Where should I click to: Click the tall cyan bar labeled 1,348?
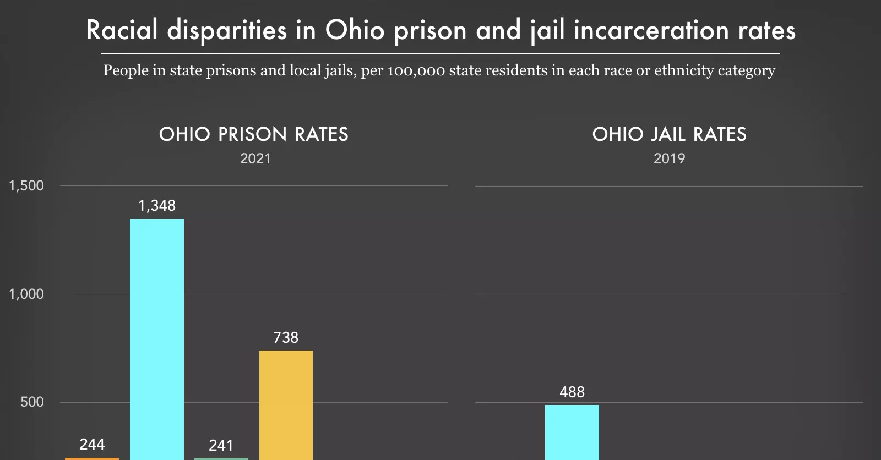point(157,338)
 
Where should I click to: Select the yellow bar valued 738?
point(286,404)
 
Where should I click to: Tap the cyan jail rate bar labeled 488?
point(572,432)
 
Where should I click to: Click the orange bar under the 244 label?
point(92,458)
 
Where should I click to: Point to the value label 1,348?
point(157,206)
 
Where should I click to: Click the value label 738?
point(286,337)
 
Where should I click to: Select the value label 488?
point(572,392)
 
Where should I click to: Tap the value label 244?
point(92,445)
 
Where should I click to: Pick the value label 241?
point(221,446)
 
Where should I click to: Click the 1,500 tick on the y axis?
point(26,186)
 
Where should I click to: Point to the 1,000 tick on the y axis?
point(26,294)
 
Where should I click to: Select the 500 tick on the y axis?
point(32,402)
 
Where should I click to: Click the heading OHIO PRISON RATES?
point(254,134)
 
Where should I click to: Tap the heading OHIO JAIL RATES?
point(669,134)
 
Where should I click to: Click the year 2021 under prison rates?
point(255,159)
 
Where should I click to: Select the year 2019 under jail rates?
point(669,159)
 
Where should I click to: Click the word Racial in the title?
point(122,30)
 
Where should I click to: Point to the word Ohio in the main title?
point(355,30)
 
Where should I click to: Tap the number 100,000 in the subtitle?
point(416,71)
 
